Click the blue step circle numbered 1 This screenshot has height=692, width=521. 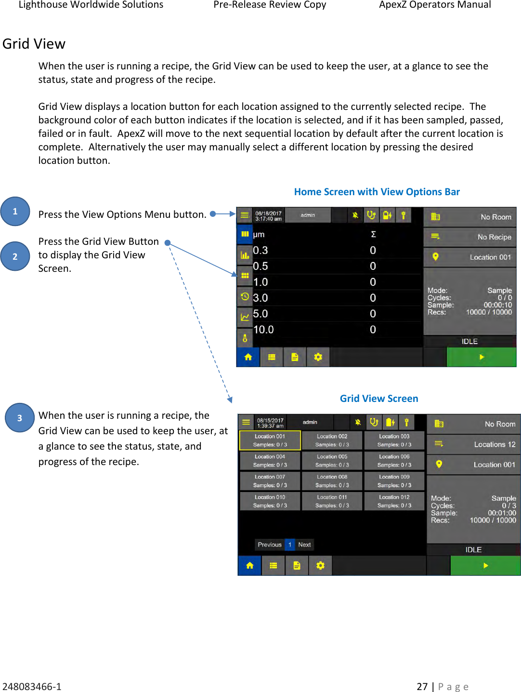(15, 211)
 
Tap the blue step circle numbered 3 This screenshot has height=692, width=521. (19, 418)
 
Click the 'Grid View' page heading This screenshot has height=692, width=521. (34, 44)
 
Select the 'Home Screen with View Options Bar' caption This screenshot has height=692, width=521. (377, 192)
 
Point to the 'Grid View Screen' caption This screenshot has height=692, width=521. (379, 399)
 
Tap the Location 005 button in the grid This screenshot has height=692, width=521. (332, 461)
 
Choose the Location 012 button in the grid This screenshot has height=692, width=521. (394, 501)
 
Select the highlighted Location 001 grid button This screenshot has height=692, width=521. (270, 440)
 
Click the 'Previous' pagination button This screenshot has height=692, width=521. (269, 545)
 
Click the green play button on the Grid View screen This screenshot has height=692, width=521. (485, 566)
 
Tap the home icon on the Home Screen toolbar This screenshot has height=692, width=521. (248, 357)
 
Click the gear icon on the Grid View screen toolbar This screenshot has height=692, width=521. (320, 566)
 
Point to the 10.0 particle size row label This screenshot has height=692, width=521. (263, 330)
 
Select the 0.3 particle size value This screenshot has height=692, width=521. (260, 250)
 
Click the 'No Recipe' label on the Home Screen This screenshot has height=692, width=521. (494, 237)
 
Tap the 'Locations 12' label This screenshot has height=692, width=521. (495, 444)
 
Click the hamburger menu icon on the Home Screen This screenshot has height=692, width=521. (245, 215)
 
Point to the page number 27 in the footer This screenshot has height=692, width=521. (422, 687)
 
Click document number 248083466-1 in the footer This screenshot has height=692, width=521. (32, 687)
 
